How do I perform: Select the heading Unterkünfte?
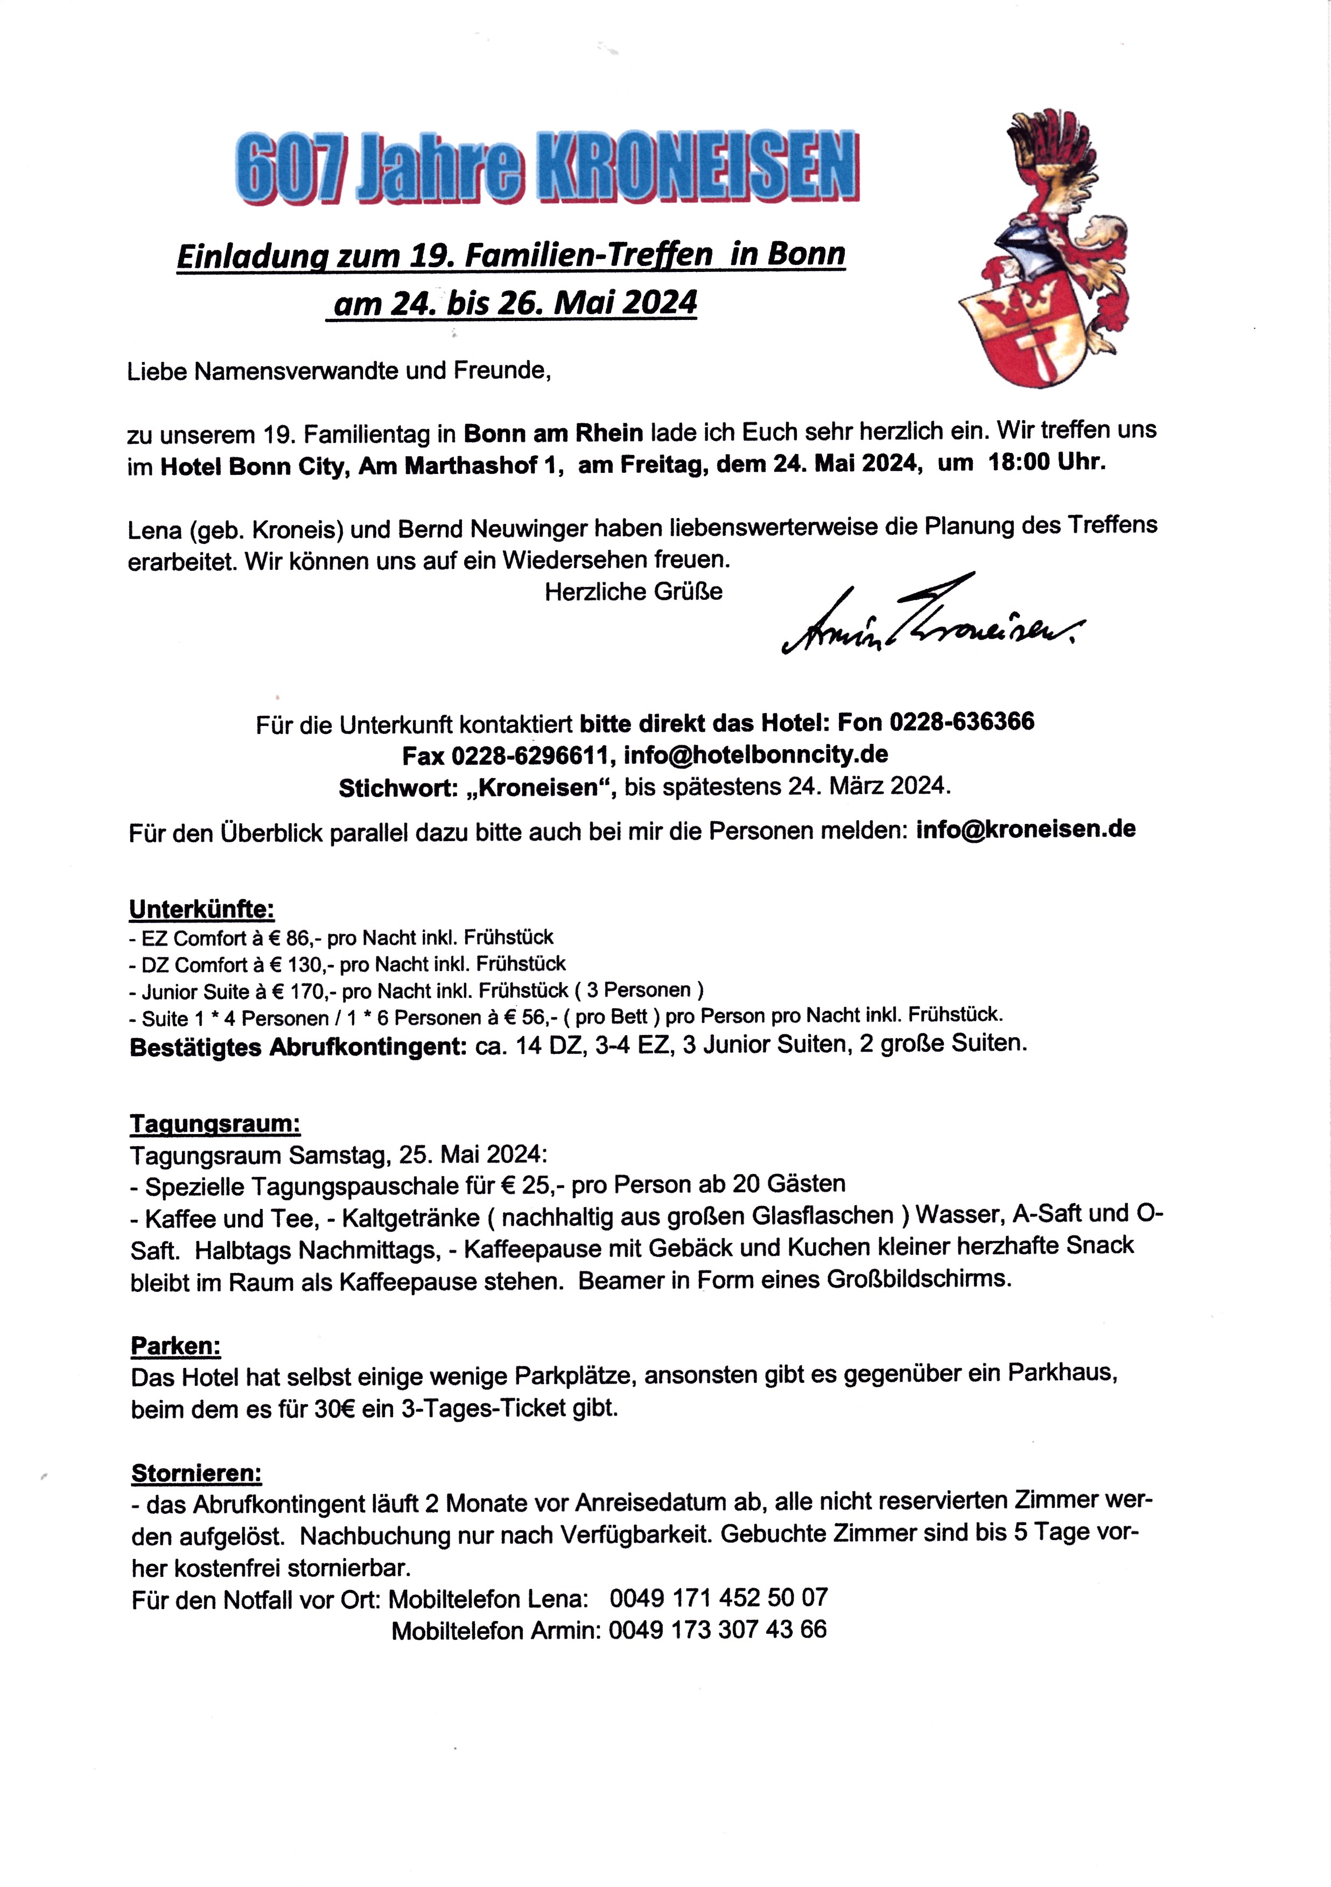[x=201, y=910]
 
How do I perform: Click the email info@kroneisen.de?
[x=1025, y=829]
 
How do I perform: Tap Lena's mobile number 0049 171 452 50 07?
[x=718, y=1598]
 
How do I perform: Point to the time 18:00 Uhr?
[x=1047, y=463]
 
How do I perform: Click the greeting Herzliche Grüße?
[x=633, y=592]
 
